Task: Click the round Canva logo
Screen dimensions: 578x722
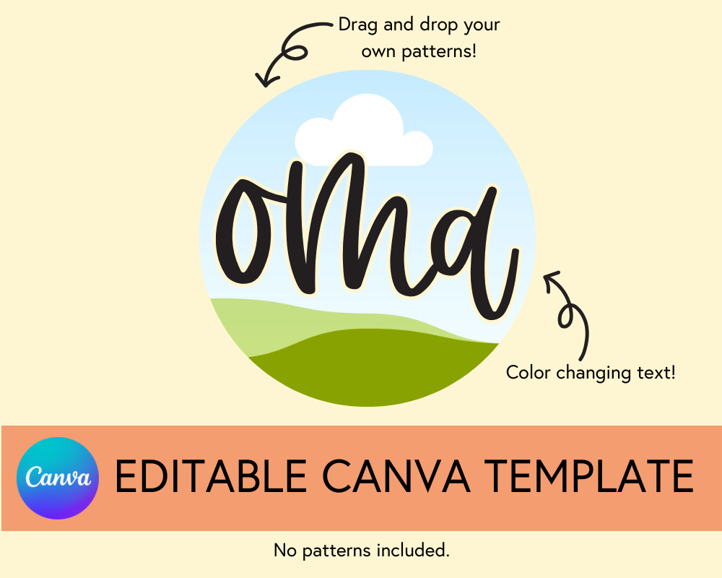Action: (x=57, y=478)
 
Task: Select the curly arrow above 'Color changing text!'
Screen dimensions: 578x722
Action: (x=570, y=311)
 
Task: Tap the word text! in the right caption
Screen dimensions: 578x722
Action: (x=656, y=373)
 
